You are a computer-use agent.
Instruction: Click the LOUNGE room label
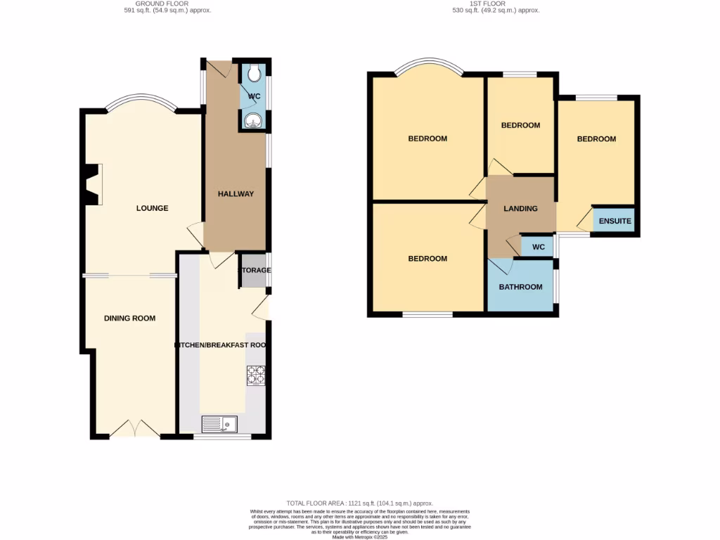[x=153, y=208]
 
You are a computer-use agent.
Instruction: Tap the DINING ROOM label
[x=129, y=319]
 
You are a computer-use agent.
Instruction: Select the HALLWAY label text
[x=236, y=194]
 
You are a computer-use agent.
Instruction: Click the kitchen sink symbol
[x=219, y=424]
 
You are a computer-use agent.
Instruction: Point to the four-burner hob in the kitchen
[x=255, y=376]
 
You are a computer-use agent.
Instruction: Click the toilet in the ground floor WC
[x=253, y=73]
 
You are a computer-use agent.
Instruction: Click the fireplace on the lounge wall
[x=91, y=184]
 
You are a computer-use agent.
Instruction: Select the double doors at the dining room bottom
[x=134, y=429]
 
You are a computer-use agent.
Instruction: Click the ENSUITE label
[x=615, y=221]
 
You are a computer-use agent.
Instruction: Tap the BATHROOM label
[x=520, y=287]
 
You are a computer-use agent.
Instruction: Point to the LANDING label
[x=521, y=209]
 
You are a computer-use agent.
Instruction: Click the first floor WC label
[x=539, y=247]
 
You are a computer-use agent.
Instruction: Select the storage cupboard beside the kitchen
[x=254, y=271]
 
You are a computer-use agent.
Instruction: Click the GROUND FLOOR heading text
[x=162, y=4]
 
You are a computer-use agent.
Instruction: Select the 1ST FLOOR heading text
[x=496, y=4]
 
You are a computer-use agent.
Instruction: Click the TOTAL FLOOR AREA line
[x=359, y=503]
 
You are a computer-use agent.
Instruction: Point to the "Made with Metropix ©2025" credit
[x=359, y=536]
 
